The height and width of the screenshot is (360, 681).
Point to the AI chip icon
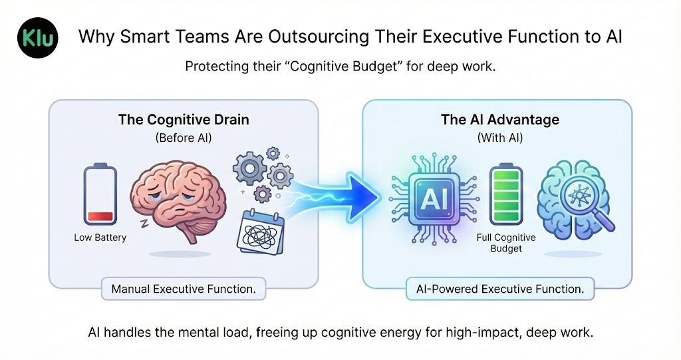coord(428,196)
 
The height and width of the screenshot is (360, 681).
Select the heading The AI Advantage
coord(499,120)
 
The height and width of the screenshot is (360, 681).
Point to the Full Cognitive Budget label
coord(506,243)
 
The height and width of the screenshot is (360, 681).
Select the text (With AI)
coord(499,138)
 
